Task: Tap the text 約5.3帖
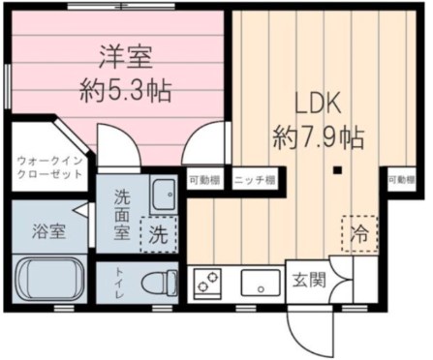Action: (x=125, y=92)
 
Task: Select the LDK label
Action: (x=317, y=103)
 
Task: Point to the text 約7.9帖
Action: (x=317, y=136)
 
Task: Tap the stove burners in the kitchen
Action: (x=209, y=284)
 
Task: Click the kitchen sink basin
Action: (x=260, y=284)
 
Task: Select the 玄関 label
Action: (x=309, y=282)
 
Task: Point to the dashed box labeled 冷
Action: (x=358, y=231)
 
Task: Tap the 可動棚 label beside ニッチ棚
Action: (x=206, y=181)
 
